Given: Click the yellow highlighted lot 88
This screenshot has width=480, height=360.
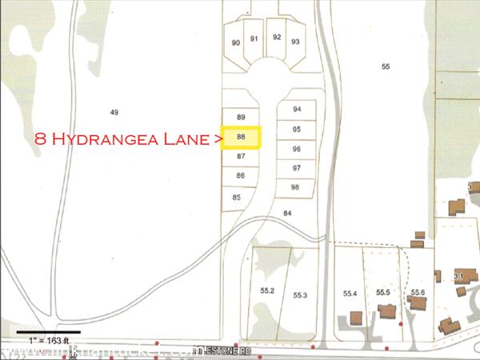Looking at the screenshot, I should (x=241, y=138).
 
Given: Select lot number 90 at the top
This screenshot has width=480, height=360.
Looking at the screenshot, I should (x=236, y=42).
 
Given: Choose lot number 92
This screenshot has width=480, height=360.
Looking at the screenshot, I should (x=277, y=37).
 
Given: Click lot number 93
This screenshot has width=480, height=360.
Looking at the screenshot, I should (x=296, y=42).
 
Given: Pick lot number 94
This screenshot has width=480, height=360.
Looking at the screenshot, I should (x=297, y=109).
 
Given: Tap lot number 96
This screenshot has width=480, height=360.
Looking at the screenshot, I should (x=297, y=149).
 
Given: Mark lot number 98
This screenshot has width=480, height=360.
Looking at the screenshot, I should (x=295, y=186).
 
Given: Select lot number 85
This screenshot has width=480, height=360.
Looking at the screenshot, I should (x=237, y=197).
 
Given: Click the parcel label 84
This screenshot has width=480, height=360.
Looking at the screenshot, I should (x=288, y=213).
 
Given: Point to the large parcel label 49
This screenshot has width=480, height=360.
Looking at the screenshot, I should (x=114, y=112).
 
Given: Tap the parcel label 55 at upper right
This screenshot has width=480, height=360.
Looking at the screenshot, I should (x=386, y=66).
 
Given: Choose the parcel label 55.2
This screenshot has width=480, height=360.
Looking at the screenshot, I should (x=268, y=291).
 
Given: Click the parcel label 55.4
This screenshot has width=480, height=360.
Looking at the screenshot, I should (x=350, y=294).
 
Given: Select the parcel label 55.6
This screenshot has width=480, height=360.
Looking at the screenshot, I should (x=417, y=293).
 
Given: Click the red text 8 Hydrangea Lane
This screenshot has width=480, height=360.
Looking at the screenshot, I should (x=124, y=138).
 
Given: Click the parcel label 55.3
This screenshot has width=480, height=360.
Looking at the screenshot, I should (x=300, y=295).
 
